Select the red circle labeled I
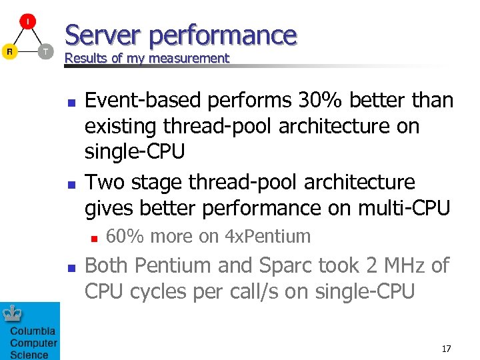pyautogui.click(x=27, y=22)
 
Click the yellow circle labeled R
pyautogui.click(x=9, y=51)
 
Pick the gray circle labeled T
pyautogui.click(x=45, y=51)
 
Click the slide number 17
pyautogui.click(x=446, y=349)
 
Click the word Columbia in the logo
pyautogui.click(x=33, y=331)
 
